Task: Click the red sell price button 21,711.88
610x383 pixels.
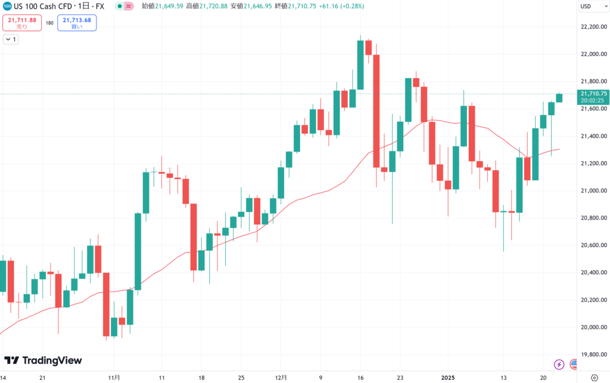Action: tap(22, 23)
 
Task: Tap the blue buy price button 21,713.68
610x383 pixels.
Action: tap(77, 23)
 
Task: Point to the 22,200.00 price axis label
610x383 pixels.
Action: tap(593, 27)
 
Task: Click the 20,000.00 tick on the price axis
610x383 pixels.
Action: tap(593, 327)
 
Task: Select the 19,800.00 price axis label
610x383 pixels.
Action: tap(593, 354)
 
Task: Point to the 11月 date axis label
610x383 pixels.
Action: tap(115, 378)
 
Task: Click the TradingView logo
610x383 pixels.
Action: tap(43, 360)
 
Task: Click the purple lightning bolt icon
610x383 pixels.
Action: tap(559, 364)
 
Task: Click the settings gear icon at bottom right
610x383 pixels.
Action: tap(593, 378)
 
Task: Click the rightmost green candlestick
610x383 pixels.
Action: tap(559, 97)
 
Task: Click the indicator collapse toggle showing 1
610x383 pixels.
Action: tap(11, 39)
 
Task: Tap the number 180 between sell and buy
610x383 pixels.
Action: tap(49, 23)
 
